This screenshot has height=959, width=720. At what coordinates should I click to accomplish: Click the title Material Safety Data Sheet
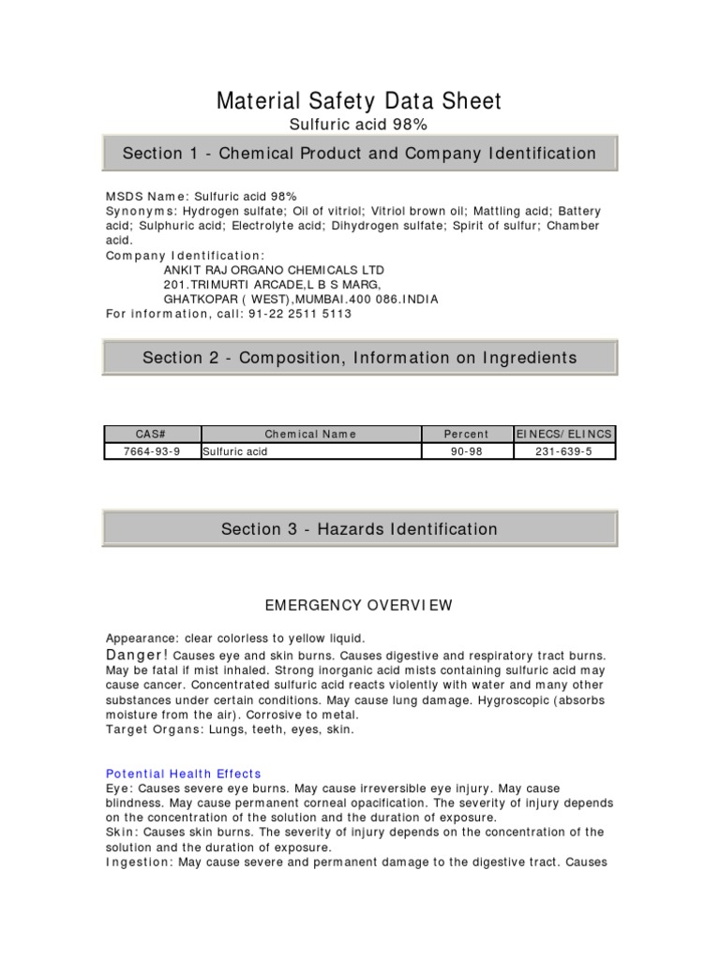coord(359,101)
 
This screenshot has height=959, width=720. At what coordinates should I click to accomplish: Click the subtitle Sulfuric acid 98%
coord(359,125)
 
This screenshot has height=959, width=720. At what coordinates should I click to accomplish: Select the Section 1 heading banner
coord(359,154)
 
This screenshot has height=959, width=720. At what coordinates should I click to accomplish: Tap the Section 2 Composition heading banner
coord(359,358)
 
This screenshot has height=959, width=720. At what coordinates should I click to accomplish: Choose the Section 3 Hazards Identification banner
coord(359,529)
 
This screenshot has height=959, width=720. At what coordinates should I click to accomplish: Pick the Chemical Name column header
coord(310,435)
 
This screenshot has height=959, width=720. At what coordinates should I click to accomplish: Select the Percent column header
coord(466,435)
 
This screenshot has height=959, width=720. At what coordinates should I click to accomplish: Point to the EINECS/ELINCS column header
coord(564,435)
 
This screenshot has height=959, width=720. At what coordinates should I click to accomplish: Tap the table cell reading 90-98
coord(466,451)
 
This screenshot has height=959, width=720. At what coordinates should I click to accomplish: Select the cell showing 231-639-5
coord(564,451)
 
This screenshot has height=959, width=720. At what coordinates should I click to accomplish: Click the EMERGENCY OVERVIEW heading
coord(359,606)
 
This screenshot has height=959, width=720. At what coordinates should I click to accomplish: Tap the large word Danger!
coord(137,655)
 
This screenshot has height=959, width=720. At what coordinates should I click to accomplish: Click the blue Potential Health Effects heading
coord(183,774)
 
